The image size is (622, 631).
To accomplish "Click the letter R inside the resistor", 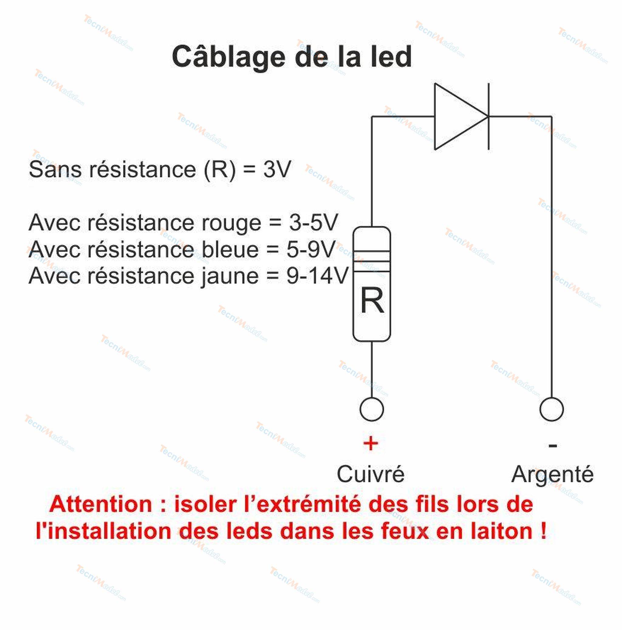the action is [372, 301].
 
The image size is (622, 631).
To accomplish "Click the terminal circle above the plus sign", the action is [371, 409].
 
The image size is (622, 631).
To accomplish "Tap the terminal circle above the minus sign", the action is [552, 409].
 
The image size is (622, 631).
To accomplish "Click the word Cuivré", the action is [371, 474].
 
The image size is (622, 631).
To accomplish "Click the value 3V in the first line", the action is [277, 169].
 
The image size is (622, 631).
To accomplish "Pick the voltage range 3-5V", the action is [313, 223].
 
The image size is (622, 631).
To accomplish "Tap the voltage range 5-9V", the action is [311, 250].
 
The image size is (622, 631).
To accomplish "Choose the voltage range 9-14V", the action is [317, 276].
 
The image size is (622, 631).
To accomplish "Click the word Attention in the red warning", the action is [101, 505].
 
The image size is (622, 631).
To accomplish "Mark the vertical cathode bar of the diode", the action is [489, 117].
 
